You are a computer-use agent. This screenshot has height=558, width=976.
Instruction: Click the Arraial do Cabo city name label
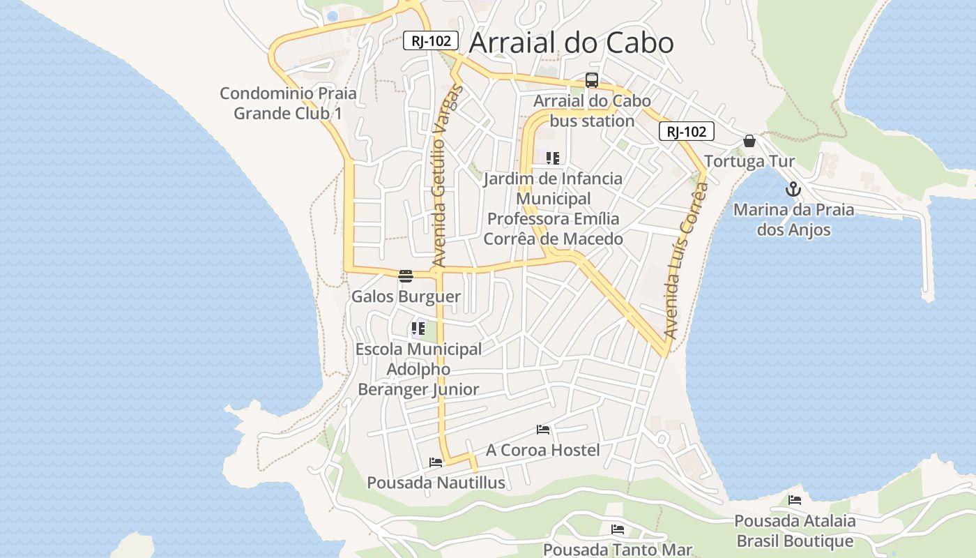point(571,43)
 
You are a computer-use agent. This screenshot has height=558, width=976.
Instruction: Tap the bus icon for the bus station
point(591,80)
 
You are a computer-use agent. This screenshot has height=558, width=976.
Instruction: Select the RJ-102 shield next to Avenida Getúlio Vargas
point(430,40)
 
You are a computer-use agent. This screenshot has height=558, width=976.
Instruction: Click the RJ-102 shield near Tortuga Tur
point(686,131)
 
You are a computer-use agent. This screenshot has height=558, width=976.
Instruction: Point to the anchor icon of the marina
point(793,189)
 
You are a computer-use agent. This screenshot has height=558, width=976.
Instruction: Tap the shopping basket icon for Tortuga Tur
point(749,141)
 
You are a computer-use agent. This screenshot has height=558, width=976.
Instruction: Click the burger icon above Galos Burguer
point(406,276)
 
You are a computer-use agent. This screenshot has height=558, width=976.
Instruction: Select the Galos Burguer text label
point(406,296)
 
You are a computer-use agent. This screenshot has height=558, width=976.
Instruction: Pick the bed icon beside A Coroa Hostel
point(543,430)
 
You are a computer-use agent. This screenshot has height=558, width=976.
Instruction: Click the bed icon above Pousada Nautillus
point(436,462)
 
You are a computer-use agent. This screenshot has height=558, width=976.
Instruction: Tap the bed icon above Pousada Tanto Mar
point(617,529)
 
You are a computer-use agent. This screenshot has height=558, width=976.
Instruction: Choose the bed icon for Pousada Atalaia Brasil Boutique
point(794,499)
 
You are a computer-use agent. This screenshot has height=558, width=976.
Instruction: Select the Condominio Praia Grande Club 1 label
point(288,103)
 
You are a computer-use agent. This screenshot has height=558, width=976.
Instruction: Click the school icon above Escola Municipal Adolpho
point(418,328)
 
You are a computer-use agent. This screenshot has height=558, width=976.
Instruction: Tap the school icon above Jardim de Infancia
point(553,158)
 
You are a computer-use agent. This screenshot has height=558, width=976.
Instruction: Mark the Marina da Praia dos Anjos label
point(793,220)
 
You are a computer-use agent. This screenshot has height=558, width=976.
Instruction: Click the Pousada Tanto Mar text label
point(617,550)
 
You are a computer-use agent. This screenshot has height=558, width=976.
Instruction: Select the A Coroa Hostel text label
point(542,450)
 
